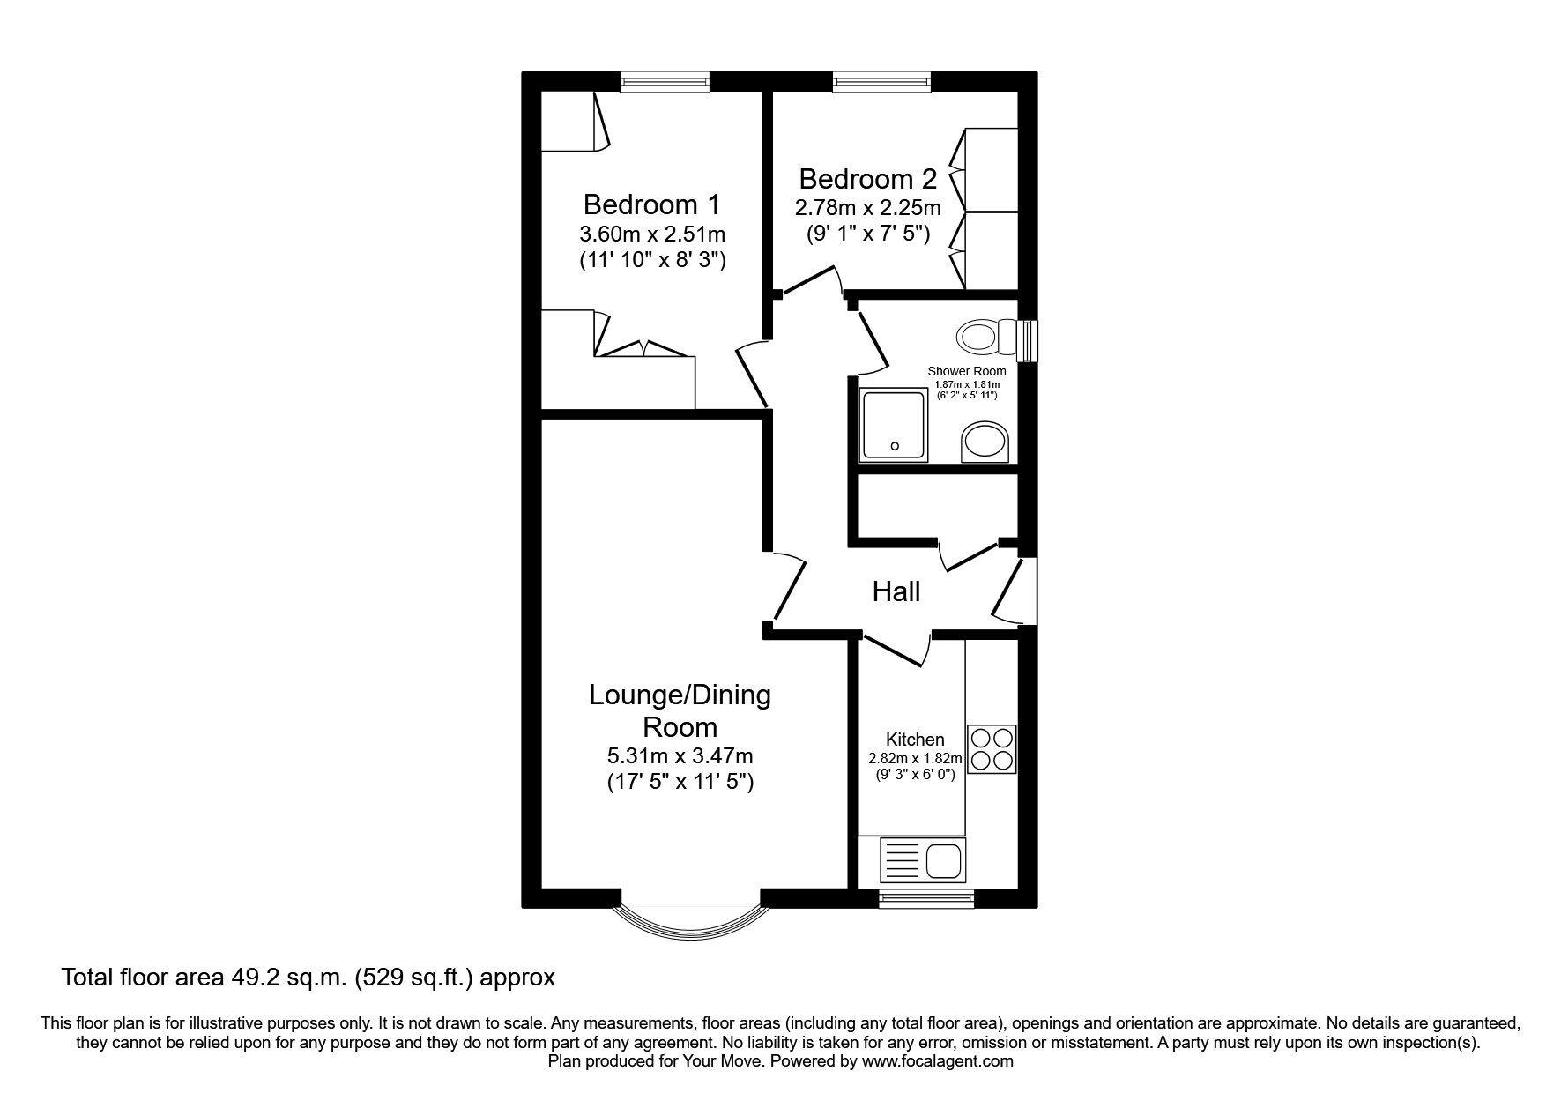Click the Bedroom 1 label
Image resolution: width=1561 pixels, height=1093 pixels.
[x=651, y=205]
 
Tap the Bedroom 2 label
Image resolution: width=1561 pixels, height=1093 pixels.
[x=867, y=180]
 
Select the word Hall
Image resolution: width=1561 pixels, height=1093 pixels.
[x=896, y=591]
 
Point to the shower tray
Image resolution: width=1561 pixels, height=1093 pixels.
[x=895, y=426]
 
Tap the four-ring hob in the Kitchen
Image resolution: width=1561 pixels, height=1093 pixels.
[x=992, y=748]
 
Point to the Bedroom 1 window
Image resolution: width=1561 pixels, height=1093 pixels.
[x=665, y=82]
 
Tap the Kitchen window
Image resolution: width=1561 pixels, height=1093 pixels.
[x=926, y=898]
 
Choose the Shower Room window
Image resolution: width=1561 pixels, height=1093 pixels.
[x=1028, y=341]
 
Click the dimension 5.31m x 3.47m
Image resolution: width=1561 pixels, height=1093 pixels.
[x=680, y=756]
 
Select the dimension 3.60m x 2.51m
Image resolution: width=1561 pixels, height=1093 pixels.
[x=652, y=234]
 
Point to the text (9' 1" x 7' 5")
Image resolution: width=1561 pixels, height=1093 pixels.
[x=867, y=234]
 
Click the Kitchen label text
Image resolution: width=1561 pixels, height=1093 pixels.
[x=915, y=740]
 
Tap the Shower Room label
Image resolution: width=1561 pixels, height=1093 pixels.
[x=967, y=371]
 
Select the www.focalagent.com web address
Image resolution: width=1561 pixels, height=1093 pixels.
[x=938, y=1061]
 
